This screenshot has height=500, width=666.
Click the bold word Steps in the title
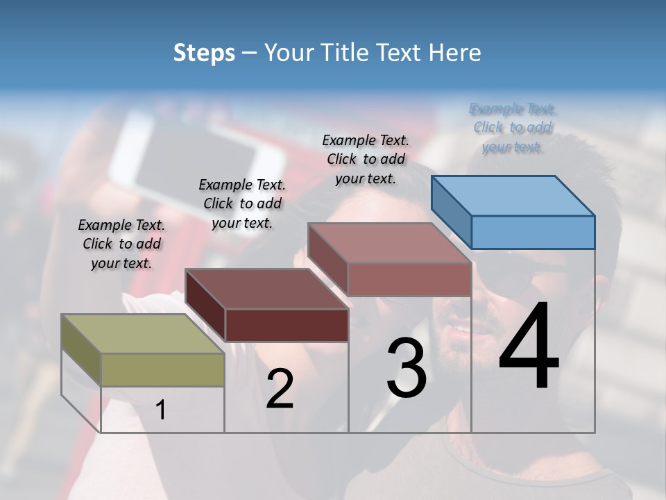pos(204,53)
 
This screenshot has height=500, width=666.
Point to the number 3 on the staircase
pos(407,368)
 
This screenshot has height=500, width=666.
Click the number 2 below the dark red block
pos(280,389)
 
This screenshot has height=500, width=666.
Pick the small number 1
pos(161,410)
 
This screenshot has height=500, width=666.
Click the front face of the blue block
pos(533,232)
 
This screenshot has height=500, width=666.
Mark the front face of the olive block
pos(162,369)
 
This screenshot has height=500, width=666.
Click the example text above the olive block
pos(121,244)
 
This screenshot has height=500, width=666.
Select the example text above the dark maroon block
pos(242,203)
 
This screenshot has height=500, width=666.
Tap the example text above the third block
pos(366,159)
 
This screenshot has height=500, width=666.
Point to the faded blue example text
pos(513,128)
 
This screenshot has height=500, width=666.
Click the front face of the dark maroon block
pos(287,325)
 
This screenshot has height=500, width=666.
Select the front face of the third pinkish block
pos(409,279)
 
